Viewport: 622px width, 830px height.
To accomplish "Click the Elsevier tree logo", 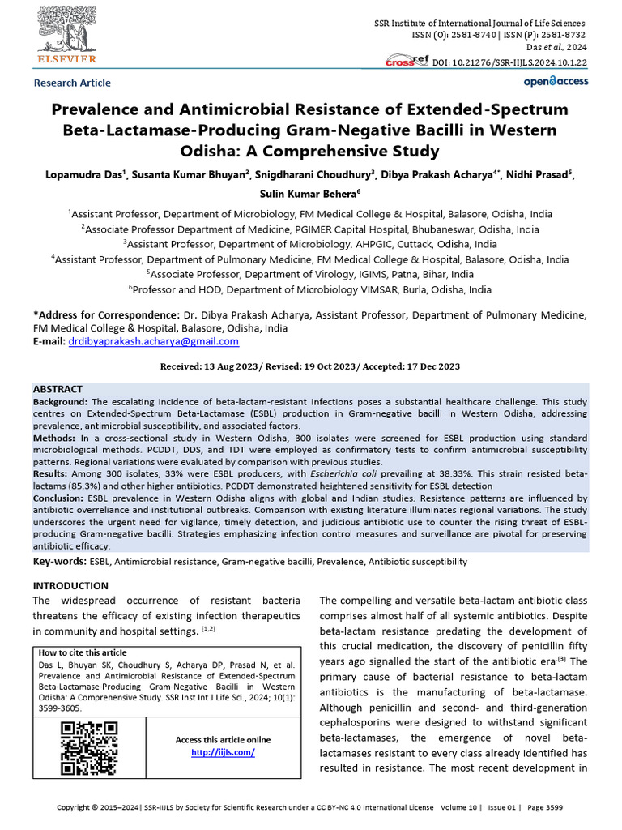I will coord(64,30).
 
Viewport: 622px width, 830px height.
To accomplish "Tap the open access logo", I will coord(556,81).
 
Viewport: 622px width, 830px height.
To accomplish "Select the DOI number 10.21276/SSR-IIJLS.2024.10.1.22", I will coord(510,62).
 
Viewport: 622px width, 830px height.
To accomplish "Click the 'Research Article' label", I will coord(72,83).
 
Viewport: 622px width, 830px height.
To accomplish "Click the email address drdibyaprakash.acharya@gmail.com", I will coord(152,342).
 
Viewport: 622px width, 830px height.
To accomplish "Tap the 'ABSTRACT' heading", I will coord(58,390).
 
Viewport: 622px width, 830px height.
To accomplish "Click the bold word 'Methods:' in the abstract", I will coord(55,437).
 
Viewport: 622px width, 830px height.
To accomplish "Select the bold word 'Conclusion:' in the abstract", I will coord(62,498).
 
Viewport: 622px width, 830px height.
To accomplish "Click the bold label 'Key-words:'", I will coord(59,561).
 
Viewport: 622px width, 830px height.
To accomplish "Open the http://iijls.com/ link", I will coord(223,752).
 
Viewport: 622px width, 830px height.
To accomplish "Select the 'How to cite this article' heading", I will coord(83,652).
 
